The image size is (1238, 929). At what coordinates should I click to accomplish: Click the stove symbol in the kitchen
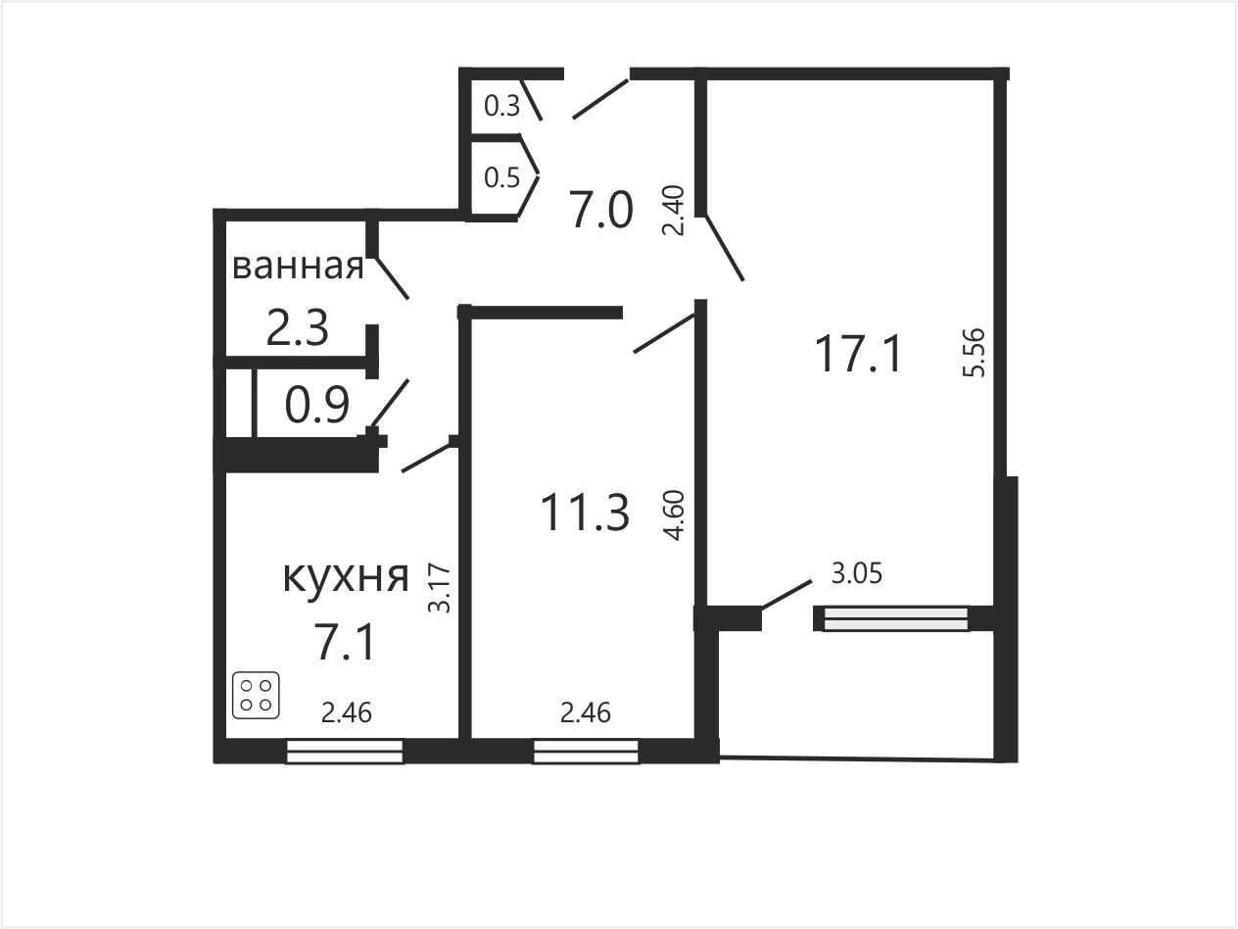click(x=256, y=695)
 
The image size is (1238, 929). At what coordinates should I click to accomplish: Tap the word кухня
click(x=346, y=577)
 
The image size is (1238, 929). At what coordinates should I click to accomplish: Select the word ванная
click(x=298, y=267)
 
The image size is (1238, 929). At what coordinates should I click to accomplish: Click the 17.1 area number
click(x=858, y=354)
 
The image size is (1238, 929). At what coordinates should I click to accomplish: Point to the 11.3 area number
click(x=585, y=513)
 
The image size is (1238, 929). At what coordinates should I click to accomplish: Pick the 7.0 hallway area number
click(x=600, y=211)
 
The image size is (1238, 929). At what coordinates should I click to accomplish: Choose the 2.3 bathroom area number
click(x=297, y=328)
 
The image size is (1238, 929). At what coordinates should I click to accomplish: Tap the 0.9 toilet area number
click(x=317, y=406)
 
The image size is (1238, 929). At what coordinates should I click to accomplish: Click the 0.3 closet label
click(x=502, y=106)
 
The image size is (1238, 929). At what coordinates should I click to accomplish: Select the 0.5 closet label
click(x=502, y=177)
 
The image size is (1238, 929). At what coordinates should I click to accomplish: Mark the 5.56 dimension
click(x=975, y=353)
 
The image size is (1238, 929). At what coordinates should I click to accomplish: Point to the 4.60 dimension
click(x=674, y=515)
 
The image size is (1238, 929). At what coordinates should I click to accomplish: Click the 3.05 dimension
click(x=857, y=573)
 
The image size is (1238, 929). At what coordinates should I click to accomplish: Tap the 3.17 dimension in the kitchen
click(x=440, y=588)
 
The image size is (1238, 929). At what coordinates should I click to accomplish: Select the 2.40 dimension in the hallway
click(x=673, y=211)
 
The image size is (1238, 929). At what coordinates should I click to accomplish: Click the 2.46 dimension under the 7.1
click(x=347, y=713)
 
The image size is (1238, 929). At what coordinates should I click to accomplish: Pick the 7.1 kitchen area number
click(x=345, y=643)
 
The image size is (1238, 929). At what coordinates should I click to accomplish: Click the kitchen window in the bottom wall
click(x=345, y=752)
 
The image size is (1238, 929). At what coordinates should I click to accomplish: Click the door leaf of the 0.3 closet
click(x=531, y=100)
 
